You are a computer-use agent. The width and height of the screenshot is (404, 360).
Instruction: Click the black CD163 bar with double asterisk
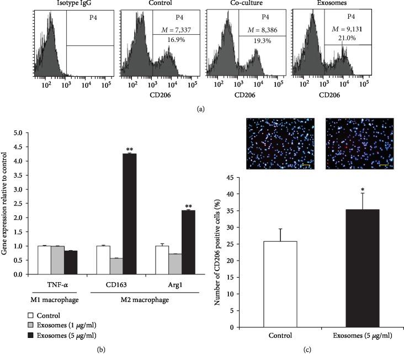point(130,214)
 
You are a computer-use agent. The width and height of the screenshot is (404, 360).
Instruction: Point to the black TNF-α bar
point(70,262)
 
